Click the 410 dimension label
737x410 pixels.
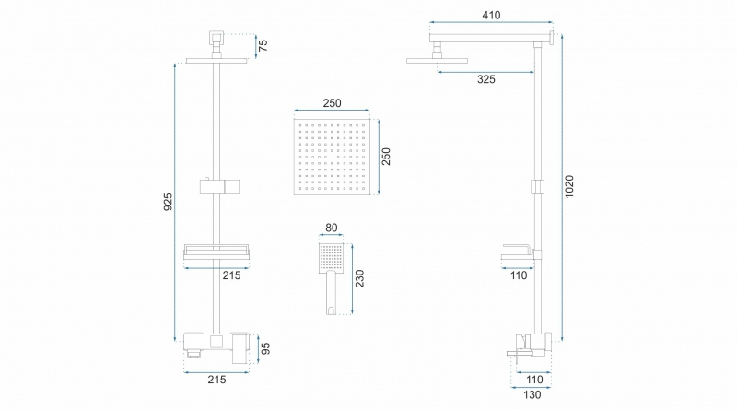pyautogui.click(x=491, y=15)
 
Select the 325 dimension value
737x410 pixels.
pyautogui.click(x=486, y=79)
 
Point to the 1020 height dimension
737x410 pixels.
pyautogui.click(x=569, y=186)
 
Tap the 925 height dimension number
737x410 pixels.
pyautogui.click(x=168, y=202)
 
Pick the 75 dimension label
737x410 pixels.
pyautogui.click(x=263, y=45)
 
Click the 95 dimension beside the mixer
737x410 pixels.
pyautogui.click(x=265, y=348)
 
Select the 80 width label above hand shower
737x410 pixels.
pyautogui.click(x=332, y=228)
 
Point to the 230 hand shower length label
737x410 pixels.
pyautogui.click(x=359, y=278)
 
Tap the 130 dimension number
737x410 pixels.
pyautogui.click(x=532, y=395)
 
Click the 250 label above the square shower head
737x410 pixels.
pyautogui.click(x=332, y=103)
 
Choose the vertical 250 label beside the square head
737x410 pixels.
pyautogui.click(x=386, y=157)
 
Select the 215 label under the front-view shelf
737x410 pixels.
pyautogui.click(x=232, y=275)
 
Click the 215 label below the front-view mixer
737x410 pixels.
pyautogui.click(x=216, y=380)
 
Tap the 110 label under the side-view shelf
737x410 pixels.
pyautogui.click(x=519, y=275)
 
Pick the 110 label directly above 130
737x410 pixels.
pyautogui.click(x=534, y=380)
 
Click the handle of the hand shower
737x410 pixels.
pyautogui.click(x=332, y=293)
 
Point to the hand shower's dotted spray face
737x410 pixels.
pyautogui.click(x=332, y=258)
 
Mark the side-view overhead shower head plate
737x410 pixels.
pyautogui.click(x=437, y=61)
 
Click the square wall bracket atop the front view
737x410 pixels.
pyautogui.click(x=216, y=36)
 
